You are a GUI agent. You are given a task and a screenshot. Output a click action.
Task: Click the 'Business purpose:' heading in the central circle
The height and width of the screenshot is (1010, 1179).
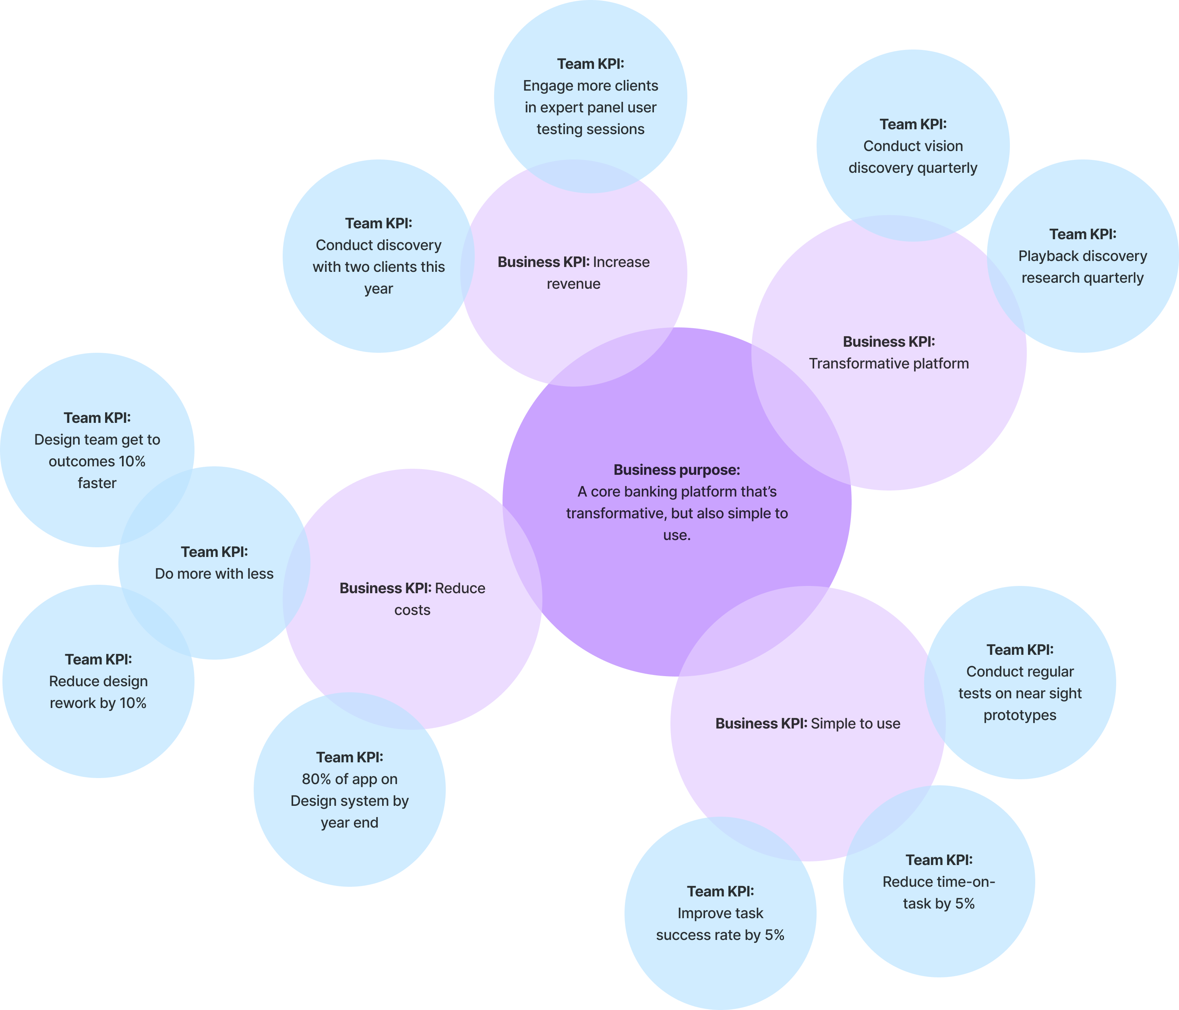(x=676, y=470)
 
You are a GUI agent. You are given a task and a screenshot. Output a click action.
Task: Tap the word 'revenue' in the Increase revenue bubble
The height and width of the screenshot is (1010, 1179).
(x=573, y=284)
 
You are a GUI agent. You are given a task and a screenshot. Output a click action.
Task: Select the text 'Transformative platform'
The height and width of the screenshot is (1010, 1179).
(x=889, y=364)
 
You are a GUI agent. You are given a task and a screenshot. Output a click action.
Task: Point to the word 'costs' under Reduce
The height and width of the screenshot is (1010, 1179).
(x=413, y=610)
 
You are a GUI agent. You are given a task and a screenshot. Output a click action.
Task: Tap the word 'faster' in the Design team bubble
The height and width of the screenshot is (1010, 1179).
(x=97, y=483)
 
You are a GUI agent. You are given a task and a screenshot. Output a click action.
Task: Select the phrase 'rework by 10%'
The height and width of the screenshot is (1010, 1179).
(x=98, y=703)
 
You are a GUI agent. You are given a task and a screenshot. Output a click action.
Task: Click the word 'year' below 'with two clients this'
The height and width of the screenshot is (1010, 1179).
(x=379, y=288)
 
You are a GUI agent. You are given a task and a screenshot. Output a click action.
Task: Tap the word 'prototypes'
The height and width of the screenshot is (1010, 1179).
(x=1020, y=715)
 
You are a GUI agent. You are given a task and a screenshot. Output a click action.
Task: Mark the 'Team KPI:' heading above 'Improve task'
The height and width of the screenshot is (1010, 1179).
(x=720, y=892)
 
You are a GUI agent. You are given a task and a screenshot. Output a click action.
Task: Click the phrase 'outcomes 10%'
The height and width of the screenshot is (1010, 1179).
(x=97, y=462)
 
